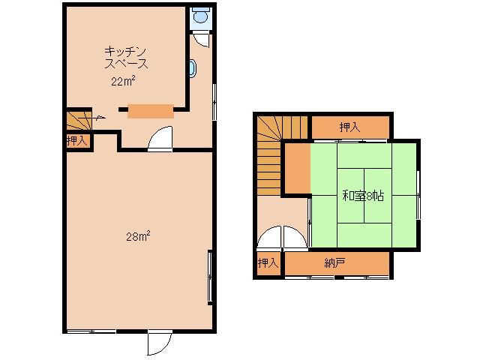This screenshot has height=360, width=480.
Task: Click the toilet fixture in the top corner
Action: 201,15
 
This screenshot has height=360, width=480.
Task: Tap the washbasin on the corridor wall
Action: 193,68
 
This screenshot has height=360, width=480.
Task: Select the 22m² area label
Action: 123,82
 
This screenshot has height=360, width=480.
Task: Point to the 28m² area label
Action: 138,236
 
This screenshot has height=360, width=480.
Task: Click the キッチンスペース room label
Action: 126,57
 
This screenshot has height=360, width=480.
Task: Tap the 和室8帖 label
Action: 363,195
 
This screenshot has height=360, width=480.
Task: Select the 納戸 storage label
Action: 334,262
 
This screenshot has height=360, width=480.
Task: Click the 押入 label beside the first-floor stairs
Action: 76,141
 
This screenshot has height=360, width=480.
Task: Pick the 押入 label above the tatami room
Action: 350,127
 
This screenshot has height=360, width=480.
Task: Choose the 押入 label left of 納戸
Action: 268,262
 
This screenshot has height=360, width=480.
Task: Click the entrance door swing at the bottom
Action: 159,343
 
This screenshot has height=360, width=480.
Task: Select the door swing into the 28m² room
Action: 160,138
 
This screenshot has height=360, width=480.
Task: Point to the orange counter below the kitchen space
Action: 151,111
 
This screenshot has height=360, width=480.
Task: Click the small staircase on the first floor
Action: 79,120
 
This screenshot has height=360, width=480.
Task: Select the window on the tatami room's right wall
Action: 418,194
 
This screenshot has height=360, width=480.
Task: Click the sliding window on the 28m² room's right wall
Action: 210,277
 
